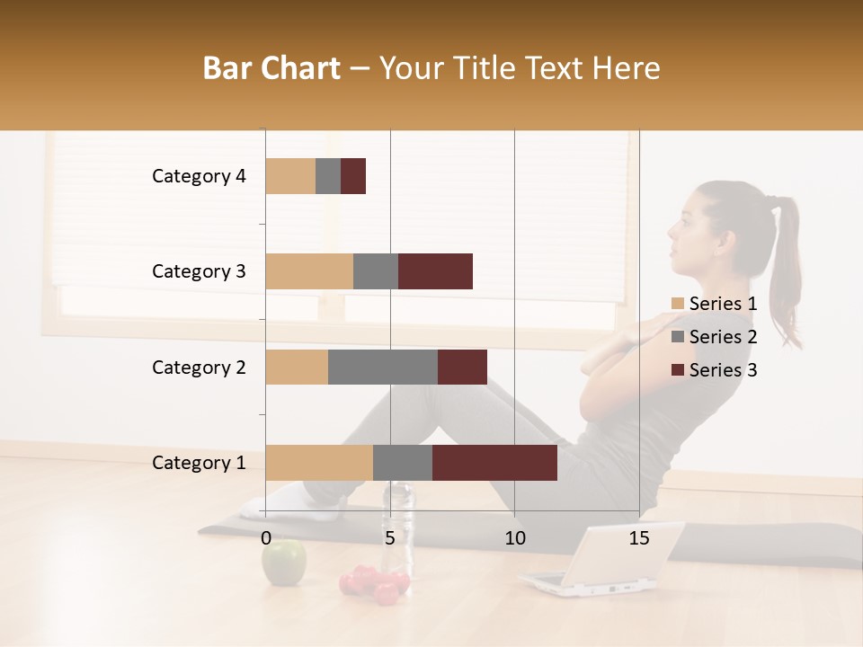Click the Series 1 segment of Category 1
(x=319, y=463)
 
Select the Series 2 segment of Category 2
(x=383, y=367)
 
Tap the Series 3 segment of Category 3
(x=435, y=271)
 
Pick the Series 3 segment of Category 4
(x=353, y=176)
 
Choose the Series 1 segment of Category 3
(x=309, y=271)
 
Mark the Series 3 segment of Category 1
(x=494, y=463)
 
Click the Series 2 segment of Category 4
(x=328, y=176)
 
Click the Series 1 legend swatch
(x=678, y=304)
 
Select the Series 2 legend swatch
(x=678, y=337)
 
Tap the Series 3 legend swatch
(x=678, y=370)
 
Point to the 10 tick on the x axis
(x=514, y=538)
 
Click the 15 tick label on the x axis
(x=639, y=538)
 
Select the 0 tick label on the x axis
(x=266, y=538)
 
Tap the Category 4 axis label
(x=199, y=176)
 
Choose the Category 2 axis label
(x=199, y=367)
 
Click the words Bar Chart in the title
(x=271, y=68)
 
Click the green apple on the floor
(x=284, y=563)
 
